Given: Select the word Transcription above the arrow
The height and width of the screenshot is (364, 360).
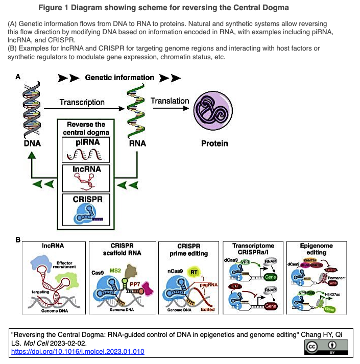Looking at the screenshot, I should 82,102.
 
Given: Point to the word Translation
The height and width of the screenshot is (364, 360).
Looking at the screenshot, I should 170,101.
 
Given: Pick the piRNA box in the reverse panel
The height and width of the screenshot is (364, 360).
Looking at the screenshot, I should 86,150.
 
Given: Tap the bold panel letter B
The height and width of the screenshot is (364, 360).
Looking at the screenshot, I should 18,239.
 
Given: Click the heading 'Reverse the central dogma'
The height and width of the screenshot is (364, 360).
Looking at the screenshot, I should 86,128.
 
